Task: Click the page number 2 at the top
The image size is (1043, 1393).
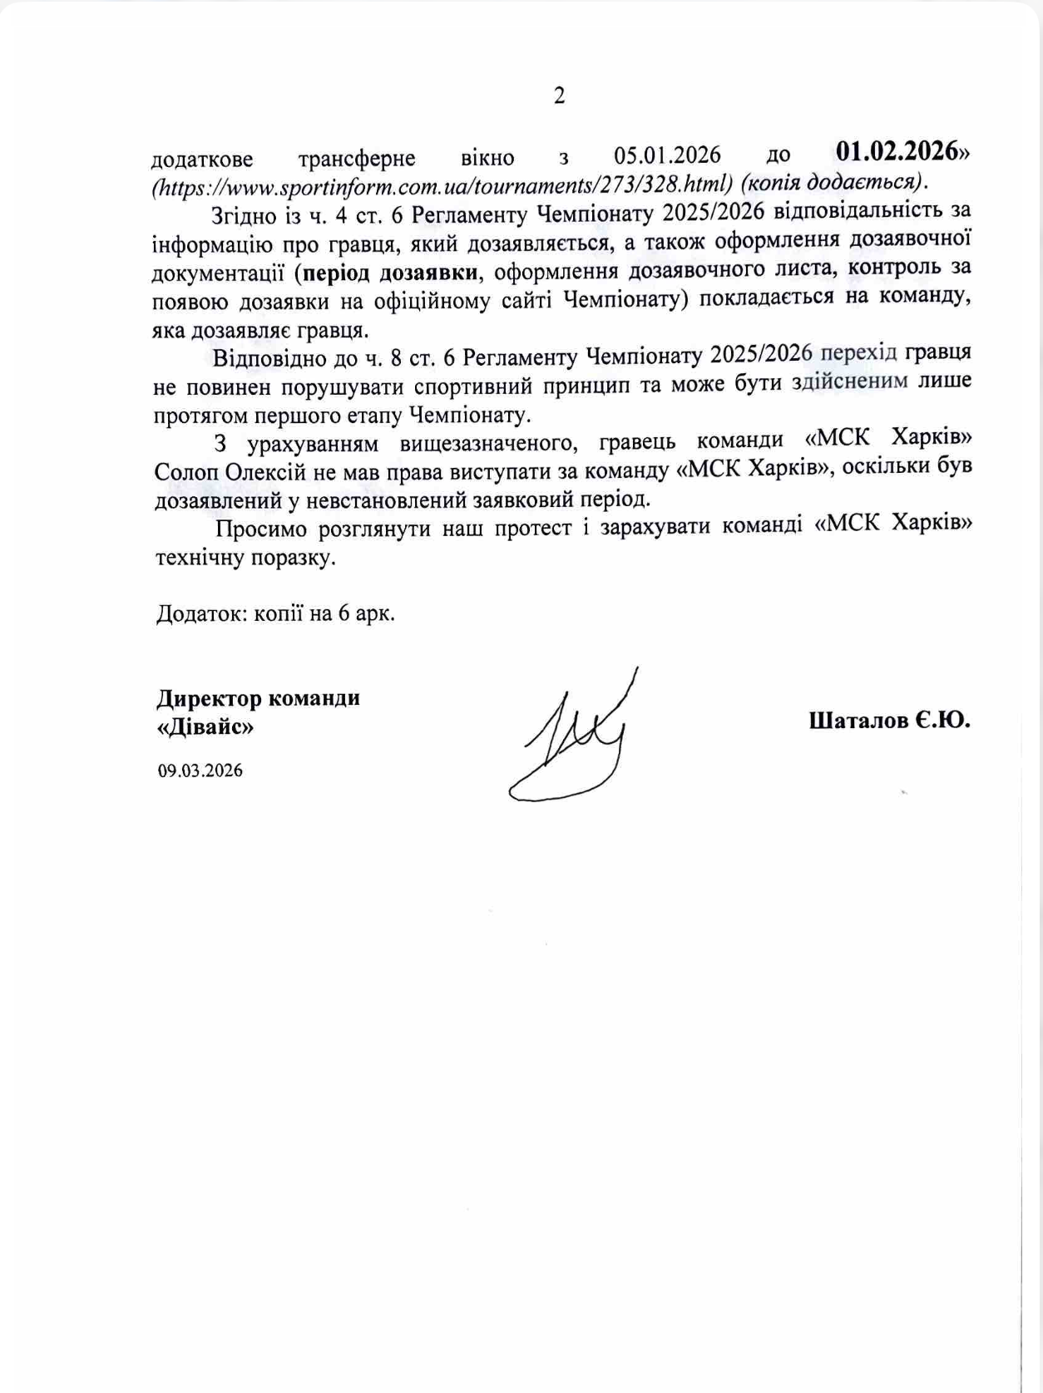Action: tap(559, 96)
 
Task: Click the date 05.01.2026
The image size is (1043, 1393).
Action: tap(667, 155)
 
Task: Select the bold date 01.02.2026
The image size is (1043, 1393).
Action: tap(897, 152)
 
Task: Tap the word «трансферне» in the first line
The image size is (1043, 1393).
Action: tap(357, 157)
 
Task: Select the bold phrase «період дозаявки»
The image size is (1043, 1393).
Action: tap(391, 272)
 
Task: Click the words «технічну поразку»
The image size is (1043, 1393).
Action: tap(246, 558)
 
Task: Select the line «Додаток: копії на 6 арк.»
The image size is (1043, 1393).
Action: tap(275, 614)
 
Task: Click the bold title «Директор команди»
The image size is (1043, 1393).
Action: tap(258, 697)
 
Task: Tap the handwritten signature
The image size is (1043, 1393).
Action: tap(574, 740)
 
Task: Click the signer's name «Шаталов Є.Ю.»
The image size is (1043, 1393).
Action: tap(889, 720)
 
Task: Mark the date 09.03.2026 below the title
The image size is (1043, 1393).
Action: tap(200, 770)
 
